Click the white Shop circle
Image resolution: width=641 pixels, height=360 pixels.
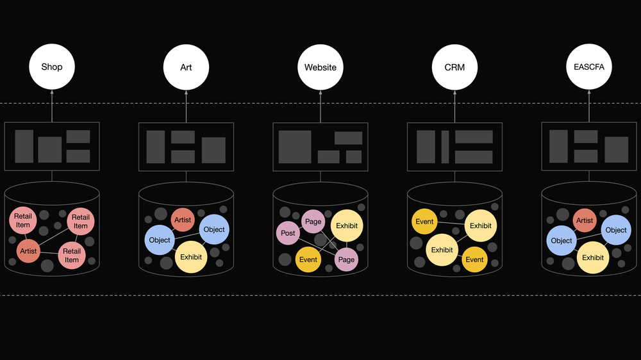52,67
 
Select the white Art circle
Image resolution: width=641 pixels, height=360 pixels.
186,67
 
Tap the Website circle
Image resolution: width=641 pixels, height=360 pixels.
320,67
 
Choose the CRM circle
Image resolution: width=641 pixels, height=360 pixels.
454,67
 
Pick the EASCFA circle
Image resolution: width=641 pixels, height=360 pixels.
589,67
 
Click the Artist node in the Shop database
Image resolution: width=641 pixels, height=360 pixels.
28,251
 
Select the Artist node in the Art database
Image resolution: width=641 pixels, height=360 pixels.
183,220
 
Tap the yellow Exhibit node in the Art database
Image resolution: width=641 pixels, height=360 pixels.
191,257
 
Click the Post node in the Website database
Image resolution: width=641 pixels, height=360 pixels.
288,233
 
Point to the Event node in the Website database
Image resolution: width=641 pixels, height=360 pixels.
308,259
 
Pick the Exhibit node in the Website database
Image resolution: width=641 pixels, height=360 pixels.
347,225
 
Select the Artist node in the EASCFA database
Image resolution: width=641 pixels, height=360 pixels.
585,220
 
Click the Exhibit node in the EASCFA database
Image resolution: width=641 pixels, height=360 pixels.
593,258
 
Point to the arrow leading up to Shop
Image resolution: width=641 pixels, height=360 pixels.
52,106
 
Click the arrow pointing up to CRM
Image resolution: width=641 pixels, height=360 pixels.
454,106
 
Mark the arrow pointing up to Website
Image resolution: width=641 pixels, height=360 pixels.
320,106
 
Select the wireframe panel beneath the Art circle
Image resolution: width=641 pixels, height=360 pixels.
186,147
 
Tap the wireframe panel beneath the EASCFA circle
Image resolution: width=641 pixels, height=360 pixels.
589,147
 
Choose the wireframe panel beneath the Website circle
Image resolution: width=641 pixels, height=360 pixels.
320,147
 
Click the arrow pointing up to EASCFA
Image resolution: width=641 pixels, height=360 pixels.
589,106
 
